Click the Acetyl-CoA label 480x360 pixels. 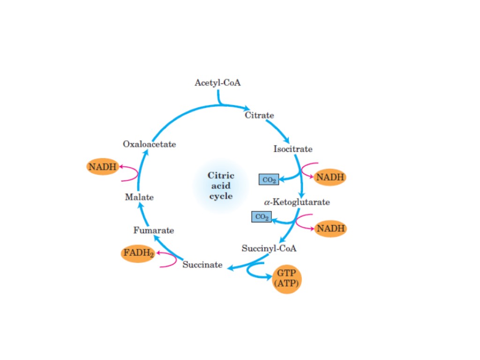(217, 83)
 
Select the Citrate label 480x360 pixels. (259, 115)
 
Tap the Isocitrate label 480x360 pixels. (292, 149)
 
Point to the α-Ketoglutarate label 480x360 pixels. (296, 202)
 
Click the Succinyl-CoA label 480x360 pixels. (269, 248)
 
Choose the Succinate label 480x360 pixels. (202, 265)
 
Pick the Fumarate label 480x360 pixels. (153, 230)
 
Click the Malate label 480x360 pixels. (139, 197)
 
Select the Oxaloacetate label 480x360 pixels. (150, 144)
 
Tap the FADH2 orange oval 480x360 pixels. (138, 254)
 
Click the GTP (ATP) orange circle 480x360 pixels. (286, 279)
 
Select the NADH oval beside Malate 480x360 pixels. (103, 166)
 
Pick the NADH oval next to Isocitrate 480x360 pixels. (330, 177)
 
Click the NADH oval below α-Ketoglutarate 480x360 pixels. (330, 229)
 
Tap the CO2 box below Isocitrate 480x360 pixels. (269, 180)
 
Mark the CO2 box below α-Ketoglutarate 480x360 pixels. (262, 217)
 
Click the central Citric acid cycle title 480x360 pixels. (220, 186)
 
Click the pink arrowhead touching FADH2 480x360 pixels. (158, 254)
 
